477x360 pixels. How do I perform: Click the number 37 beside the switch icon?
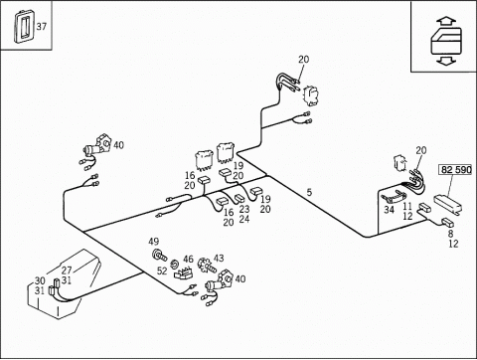[x=42, y=26]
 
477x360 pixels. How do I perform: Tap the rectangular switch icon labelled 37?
[x=24, y=26]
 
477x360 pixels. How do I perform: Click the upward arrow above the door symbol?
[x=446, y=22]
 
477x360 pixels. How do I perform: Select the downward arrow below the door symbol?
[x=446, y=61]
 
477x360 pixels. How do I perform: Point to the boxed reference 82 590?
[x=456, y=170]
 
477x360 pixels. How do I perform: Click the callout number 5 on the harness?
[x=309, y=192]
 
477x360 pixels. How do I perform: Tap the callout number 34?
[x=389, y=210]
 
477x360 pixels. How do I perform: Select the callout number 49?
[x=153, y=242]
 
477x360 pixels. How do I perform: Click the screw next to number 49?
[x=160, y=256]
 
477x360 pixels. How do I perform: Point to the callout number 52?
[x=162, y=270]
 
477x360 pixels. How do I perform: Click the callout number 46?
[x=188, y=259]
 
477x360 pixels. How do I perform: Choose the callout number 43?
[x=219, y=258]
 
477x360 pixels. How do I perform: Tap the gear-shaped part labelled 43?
[x=207, y=266]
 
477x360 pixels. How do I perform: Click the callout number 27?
[x=67, y=270]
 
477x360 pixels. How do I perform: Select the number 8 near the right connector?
[x=450, y=234]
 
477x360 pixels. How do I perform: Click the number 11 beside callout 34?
[x=407, y=206]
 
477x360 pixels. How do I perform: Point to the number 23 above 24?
[x=244, y=209]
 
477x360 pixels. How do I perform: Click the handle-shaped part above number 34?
[x=394, y=197]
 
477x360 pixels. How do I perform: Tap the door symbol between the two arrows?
[x=446, y=41]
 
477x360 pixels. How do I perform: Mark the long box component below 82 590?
[x=448, y=204]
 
